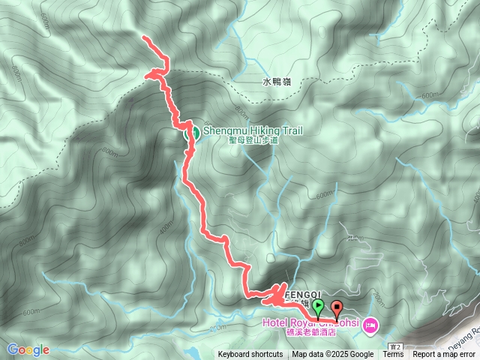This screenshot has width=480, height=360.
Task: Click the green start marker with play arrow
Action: pyautogui.click(x=318, y=307)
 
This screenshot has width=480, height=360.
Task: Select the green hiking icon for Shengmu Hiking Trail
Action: pyautogui.click(x=192, y=133)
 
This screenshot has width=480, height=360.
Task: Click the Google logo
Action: pyautogui.click(x=28, y=349)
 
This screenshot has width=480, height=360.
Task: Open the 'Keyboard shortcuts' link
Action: pyautogui.click(x=250, y=355)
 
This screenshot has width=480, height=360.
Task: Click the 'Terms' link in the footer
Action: pyautogui.click(x=393, y=355)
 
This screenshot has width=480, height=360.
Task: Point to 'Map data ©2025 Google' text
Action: pyautogui.click(x=333, y=355)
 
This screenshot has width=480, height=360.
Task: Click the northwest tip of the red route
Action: pyautogui.click(x=143, y=37)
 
